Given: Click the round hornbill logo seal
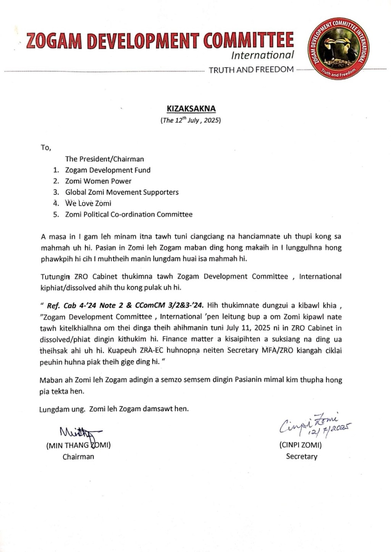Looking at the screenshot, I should point(339,49).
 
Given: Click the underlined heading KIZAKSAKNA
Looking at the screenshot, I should point(191,109).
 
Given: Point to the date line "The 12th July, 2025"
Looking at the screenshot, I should point(191,120).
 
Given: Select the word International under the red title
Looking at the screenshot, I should point(262,55).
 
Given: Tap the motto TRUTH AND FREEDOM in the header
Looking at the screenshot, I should point(251,70).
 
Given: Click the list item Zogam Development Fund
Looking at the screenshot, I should point(108,170).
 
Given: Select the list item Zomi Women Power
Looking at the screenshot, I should point(98,181).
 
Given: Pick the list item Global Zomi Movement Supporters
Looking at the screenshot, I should point(122,192).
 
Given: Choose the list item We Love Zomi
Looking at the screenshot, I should point(88,203).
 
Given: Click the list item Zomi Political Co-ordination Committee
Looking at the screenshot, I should point(129,214).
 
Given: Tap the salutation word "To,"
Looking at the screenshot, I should point(46,148).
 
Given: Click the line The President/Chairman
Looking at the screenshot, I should point(105,159).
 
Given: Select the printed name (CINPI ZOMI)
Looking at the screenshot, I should point(301,445).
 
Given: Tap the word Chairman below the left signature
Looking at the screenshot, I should point(78,456).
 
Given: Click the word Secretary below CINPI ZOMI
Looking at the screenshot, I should point(302,456).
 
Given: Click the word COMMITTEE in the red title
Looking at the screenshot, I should point(248,41).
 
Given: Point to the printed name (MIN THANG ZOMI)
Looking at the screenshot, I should point(78,445).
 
